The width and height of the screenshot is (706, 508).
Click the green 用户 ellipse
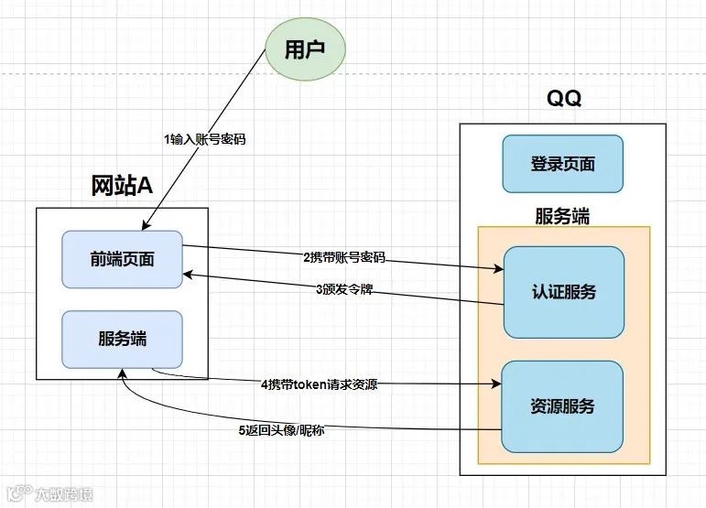(305, 50)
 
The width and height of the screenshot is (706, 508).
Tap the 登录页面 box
(562, 164)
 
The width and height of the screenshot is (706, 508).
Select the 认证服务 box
(563, 292)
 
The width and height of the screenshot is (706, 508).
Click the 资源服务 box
(562, 405)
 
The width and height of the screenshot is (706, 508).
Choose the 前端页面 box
(122, 259)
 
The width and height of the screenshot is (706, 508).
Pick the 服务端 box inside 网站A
(122, 338)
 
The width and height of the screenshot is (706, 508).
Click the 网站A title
(122, 185)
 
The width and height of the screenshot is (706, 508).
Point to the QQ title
(563, 98)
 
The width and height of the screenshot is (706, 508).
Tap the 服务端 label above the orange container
(562, 216)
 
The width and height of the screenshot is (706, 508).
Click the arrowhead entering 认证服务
(500, 268)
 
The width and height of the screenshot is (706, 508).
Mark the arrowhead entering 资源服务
(500, 384)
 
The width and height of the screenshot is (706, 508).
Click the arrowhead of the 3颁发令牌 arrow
(187, 273)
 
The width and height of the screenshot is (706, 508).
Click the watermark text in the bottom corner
(48, 494)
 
